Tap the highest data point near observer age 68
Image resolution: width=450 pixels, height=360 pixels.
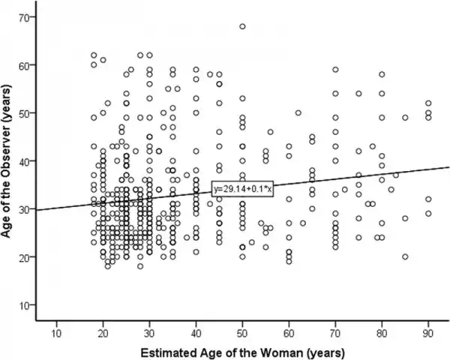click(242, 26)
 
